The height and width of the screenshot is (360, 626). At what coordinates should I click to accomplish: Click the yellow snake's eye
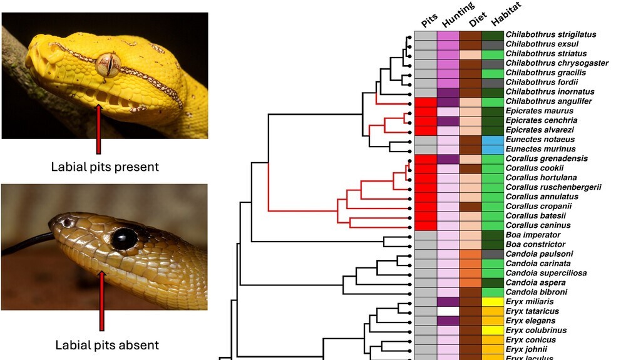(108, 64)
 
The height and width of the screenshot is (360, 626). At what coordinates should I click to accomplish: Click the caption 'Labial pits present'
(105, 167)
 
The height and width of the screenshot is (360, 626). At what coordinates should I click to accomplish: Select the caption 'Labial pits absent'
(106, 344)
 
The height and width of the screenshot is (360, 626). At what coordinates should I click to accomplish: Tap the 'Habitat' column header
(505, 16)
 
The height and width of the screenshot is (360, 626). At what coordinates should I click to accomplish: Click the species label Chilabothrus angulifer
(548, 101)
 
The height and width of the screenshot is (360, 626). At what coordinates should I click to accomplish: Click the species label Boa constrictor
(535, 244)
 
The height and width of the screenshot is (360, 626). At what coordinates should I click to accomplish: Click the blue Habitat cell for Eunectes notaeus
(493, 140)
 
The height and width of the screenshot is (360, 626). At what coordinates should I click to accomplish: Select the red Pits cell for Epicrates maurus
(426, 111)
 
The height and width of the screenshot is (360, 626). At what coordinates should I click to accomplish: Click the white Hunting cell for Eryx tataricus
(448, 311)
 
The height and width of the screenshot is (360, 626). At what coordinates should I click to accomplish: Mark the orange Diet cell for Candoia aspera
(470, 282)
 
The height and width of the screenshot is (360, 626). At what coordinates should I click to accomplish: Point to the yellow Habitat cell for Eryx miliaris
(493, 302)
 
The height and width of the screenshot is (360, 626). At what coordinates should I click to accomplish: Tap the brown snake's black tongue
(25, 245)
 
